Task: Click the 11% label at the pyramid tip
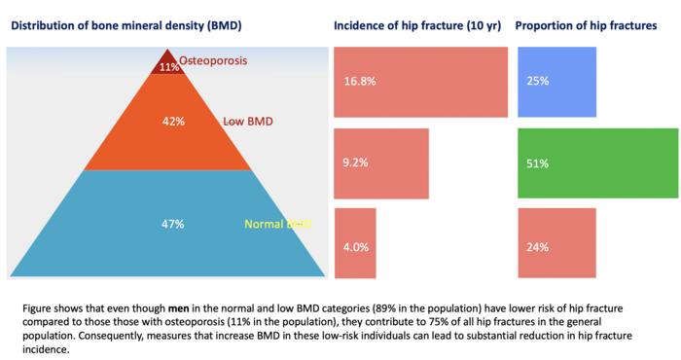point(170,67)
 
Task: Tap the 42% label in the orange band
point(172,123)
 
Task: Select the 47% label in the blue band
point(172,224)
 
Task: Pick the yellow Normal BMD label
point(276,225)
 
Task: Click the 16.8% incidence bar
point(420,82)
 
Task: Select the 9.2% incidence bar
point(381,162)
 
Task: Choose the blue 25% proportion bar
point(551,82)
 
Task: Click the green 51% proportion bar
point(597,162)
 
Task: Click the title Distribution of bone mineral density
point(126,24)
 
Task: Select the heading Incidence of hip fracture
point(417,24)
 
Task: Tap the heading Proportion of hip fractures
point(586,24)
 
